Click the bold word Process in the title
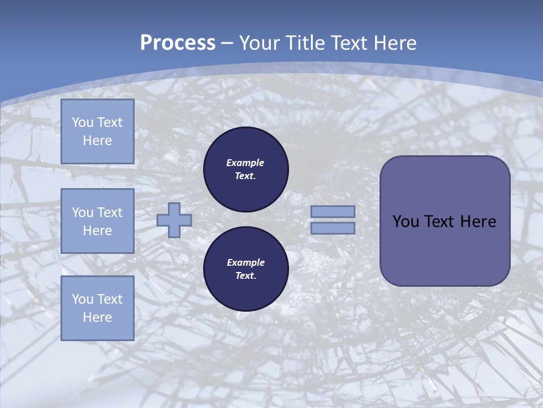point(178,43)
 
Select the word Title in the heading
point(306,43)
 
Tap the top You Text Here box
point(97,131)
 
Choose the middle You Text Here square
point(97,221)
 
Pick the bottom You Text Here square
point(97,308)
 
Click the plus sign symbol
point(174,220)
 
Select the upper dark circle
point(245,169)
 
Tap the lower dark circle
point(245,269)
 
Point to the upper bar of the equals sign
point(333,212)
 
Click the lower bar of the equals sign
point(333,228)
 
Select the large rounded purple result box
point(445,221)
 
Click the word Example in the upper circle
point(245,163)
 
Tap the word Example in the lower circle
point(245,263)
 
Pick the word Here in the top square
point(97,141)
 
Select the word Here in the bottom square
point(97,317)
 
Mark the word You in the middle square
point(82,212)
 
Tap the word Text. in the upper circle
point(245,176)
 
